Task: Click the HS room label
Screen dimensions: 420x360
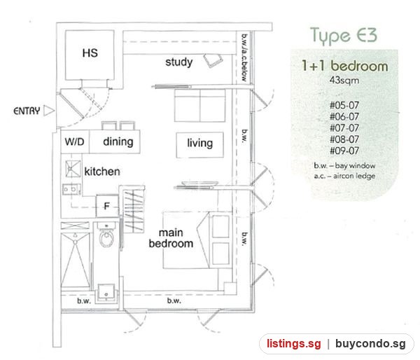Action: coord(90,53)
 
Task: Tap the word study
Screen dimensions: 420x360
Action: coord(179,62)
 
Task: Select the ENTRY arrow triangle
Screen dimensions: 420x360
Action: coord(49,111)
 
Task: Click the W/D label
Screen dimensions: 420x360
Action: coord(74,141)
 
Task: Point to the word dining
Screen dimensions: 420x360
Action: coord(118,141)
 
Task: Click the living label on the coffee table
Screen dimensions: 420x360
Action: coord(199,143)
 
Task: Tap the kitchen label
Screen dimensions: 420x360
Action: coord(102,172)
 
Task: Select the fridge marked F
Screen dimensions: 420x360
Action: coord(107,206)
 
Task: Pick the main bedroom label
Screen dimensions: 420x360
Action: coord(171,238)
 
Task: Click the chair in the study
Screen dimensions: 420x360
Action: coord(213,60)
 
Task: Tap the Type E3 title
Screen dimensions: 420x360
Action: coord(344,36)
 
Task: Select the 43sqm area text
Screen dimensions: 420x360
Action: coord(344,80)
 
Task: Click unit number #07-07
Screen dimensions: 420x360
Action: coord(344,128)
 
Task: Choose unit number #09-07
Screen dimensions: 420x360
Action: coord(344,151)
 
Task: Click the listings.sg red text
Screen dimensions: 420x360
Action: coord(293,344)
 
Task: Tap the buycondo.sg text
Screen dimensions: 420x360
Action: coord(370,344)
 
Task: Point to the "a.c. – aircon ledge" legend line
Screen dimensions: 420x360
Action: coord(344,176)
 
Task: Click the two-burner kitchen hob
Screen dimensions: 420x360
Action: coord(71,189)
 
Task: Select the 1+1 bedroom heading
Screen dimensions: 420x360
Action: coord(344,66)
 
